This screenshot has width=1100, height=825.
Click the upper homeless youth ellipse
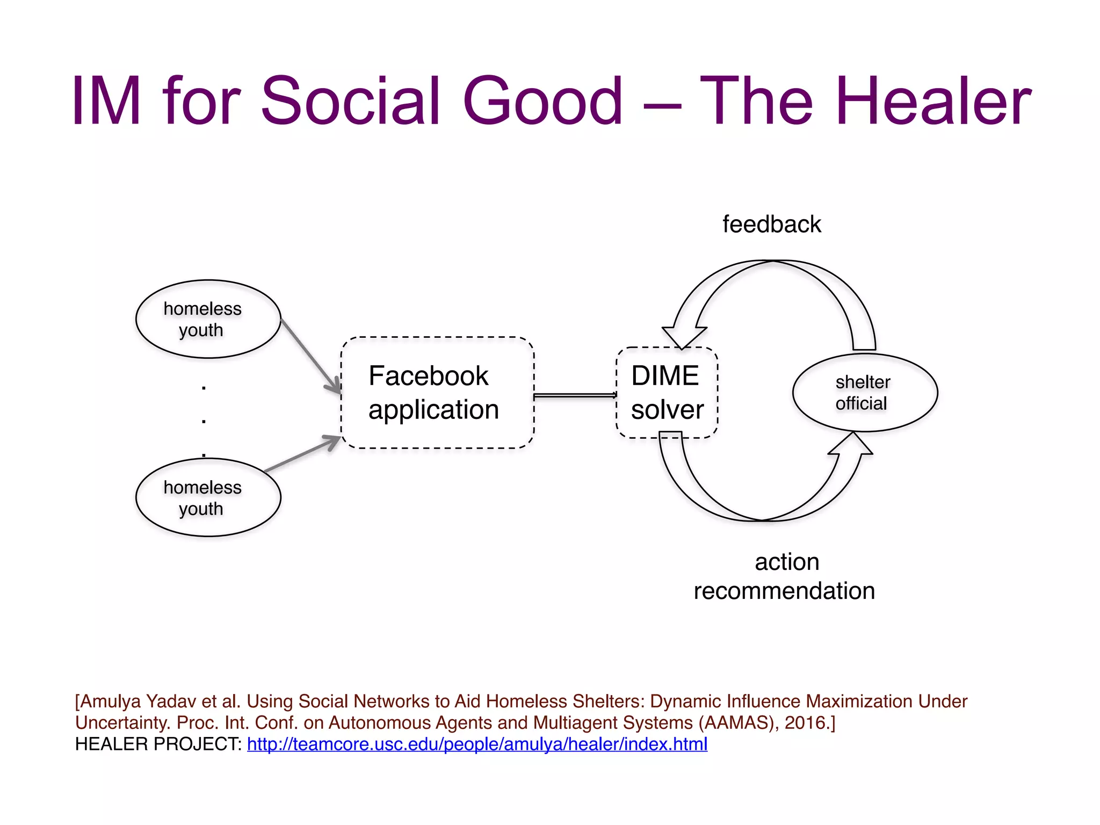(x=208, y=319)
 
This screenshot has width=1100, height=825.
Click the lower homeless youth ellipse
(x=208, y=497)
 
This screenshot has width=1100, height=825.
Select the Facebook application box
(x=437, y=393)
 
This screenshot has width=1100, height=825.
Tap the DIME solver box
(x=667, y=393)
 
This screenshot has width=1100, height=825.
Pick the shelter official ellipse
(x=865, y=393)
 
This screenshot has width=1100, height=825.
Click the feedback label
(x=771, y=225)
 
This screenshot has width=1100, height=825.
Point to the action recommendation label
(x=785, y=576)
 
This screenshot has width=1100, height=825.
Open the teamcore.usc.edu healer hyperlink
(x=477, y=744)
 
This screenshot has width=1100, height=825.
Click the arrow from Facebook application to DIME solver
(x=575, y=396)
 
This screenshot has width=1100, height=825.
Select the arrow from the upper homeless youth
(x=310, y=353)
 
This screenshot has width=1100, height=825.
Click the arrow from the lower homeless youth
(x=302, y=454)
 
